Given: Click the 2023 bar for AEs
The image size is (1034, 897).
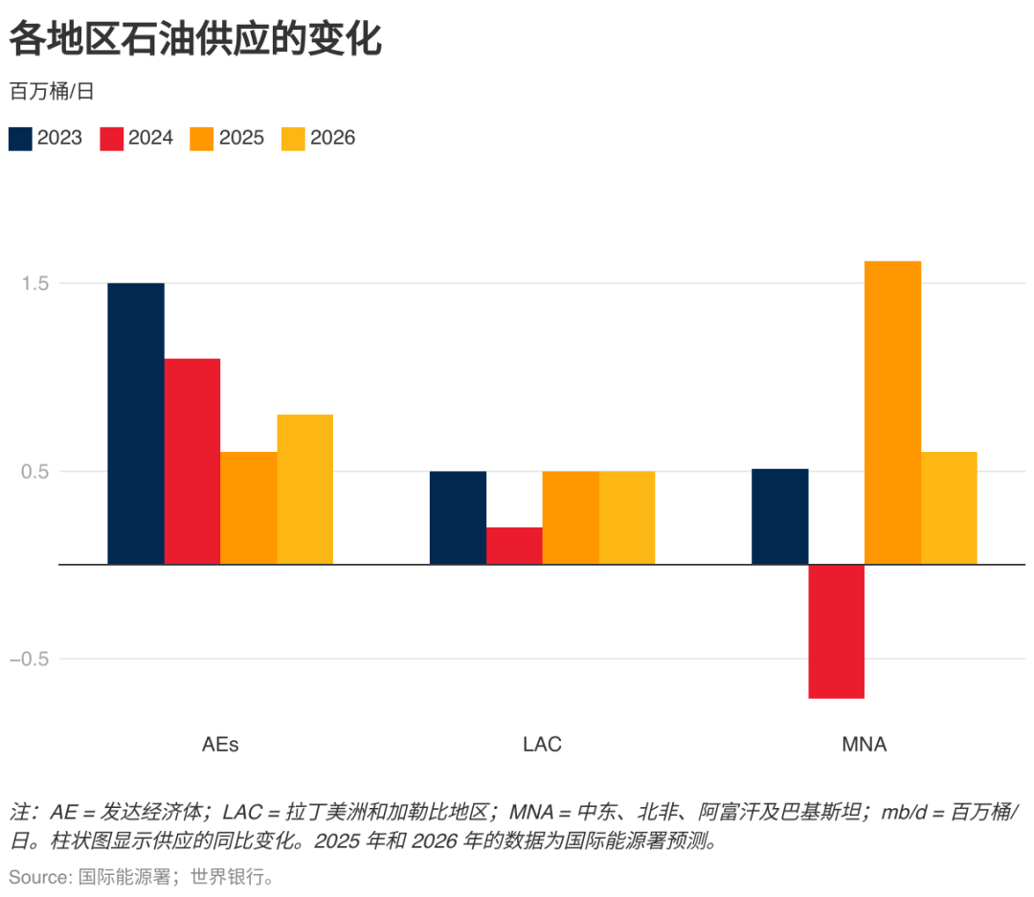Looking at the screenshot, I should [x=135, y=423].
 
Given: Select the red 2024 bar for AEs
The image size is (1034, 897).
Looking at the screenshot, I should [x=191, y=460].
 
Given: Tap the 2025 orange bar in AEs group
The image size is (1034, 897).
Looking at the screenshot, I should [x=248, y=507].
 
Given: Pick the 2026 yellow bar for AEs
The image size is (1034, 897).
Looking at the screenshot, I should [x=304, y=488].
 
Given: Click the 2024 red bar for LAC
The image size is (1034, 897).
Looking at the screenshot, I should [x=514, y=545].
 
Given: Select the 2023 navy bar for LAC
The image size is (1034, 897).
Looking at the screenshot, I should [x=458, y=517].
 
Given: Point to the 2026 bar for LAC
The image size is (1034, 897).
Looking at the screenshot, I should [x=627, y=517].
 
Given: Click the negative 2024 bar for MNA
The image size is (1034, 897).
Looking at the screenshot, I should [x=836, y=631].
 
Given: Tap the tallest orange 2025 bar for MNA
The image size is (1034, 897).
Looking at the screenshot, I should [x=892, y=412].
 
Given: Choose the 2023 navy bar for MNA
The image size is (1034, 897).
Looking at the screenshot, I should [x=779, y=516].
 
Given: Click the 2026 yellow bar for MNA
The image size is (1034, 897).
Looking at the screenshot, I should [x=949, y=507].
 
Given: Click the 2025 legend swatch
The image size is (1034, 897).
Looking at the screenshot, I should [x=202, y=138].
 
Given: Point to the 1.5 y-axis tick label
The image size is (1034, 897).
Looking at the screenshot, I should [x=35, y=283].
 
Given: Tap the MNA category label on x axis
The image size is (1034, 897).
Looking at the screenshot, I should [x=864, y=744].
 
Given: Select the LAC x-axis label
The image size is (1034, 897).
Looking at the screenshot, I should [x=542, y=744].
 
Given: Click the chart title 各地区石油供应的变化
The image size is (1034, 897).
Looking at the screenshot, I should [x=195, y=40].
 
